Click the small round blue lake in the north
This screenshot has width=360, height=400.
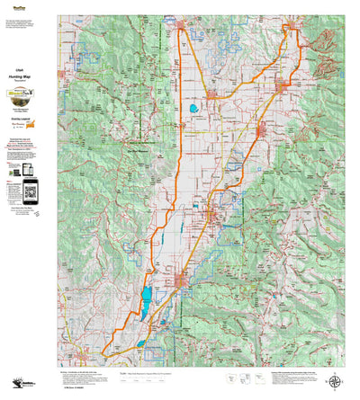point(193,111)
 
